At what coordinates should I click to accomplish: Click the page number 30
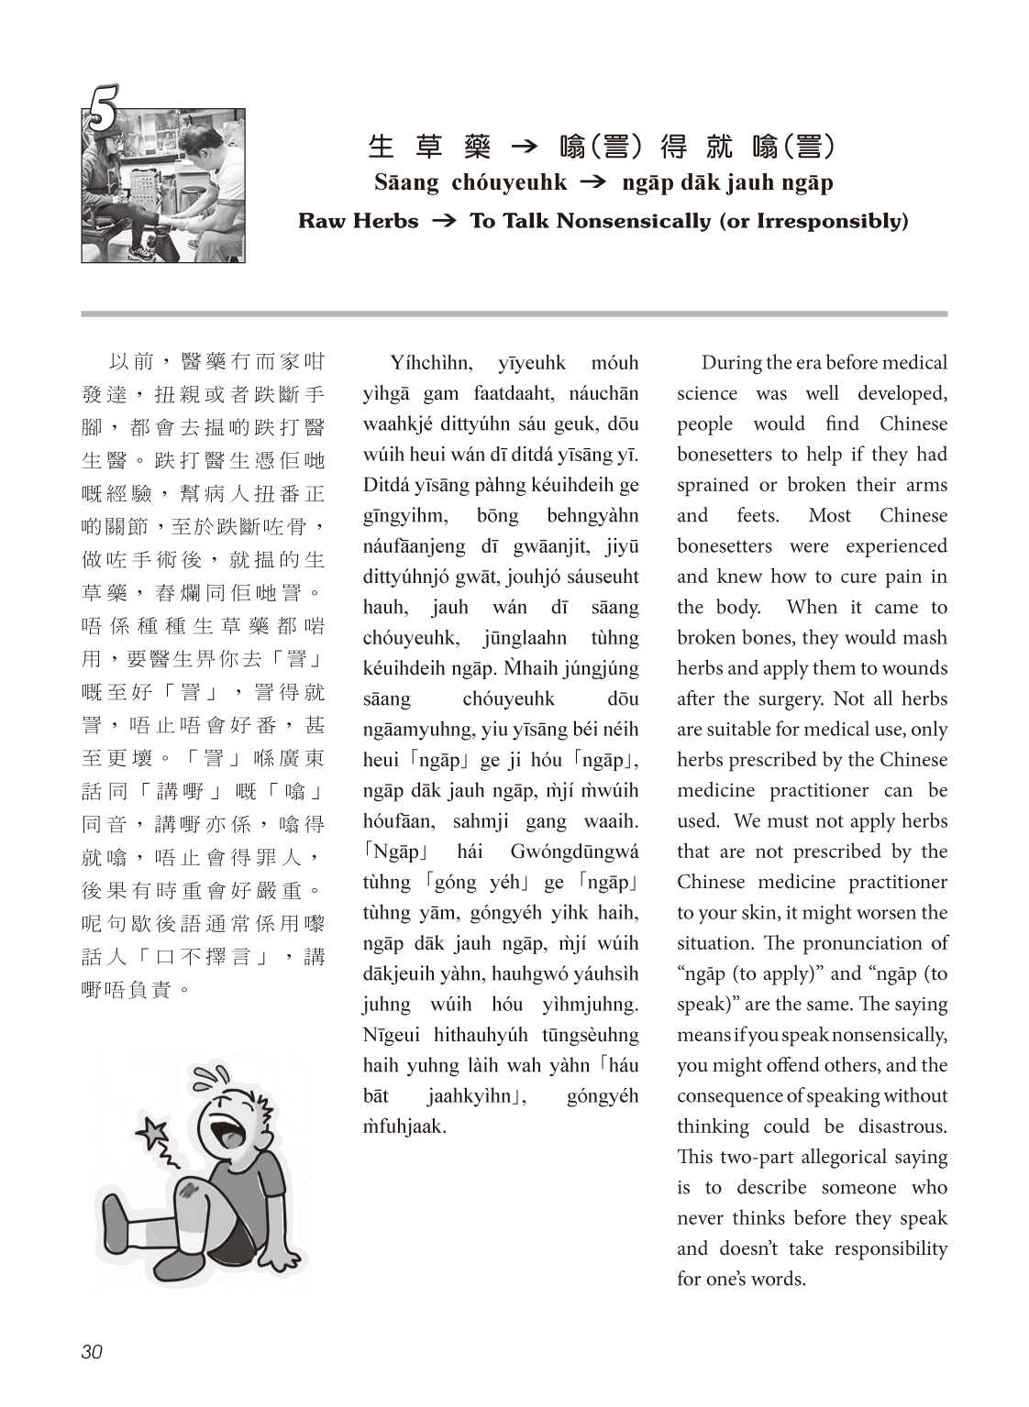[92, 1351]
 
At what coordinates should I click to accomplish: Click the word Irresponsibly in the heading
[831, 221]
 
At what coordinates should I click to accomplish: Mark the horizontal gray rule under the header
[514, 313]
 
